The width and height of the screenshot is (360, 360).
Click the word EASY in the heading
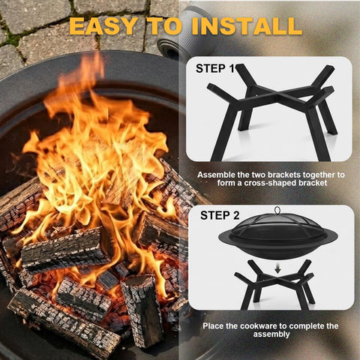point(103,26)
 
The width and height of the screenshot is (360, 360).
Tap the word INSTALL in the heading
point(247,26)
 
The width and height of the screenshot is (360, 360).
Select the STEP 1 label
point(215,68)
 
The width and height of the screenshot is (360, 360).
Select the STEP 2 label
point(220,215)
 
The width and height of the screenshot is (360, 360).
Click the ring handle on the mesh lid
point(277,210)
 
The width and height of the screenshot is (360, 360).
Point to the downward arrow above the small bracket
point(277,269)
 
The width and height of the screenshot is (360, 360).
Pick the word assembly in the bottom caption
point(271,334)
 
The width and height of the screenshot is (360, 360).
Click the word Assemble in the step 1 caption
point(216,175)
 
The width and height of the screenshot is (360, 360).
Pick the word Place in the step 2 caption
point(213,326)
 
